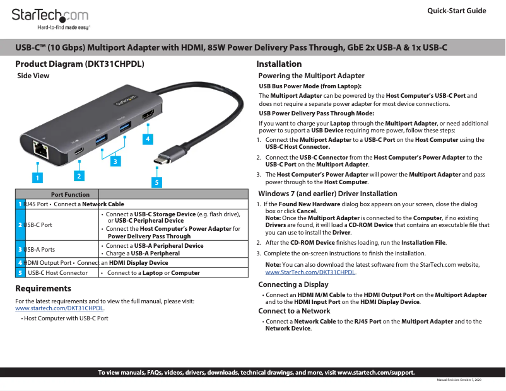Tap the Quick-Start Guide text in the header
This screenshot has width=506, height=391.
coord(456,11)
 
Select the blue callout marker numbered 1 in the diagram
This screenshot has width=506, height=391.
coord(38,178)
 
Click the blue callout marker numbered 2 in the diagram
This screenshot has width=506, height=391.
coord(79,175)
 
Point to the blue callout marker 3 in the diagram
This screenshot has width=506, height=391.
coord(115,161)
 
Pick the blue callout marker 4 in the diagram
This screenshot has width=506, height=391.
coord(147,137)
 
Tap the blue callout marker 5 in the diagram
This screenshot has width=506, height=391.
coord(156,182)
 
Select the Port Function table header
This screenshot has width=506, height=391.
coord(70,194)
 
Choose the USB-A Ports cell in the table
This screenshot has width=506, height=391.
coord(39,250)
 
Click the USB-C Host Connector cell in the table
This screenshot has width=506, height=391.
coord(58,273)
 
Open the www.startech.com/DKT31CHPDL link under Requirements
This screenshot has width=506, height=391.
coord(59,308)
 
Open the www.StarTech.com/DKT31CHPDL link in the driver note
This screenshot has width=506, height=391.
coord(310,272)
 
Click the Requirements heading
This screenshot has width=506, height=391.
coord(43,289)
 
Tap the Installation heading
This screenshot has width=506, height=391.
coord(279,64)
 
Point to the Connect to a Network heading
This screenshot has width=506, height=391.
coord(294,311)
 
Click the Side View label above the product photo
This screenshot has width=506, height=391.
coord(33,76)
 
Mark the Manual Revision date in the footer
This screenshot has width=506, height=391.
coord(459,380)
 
